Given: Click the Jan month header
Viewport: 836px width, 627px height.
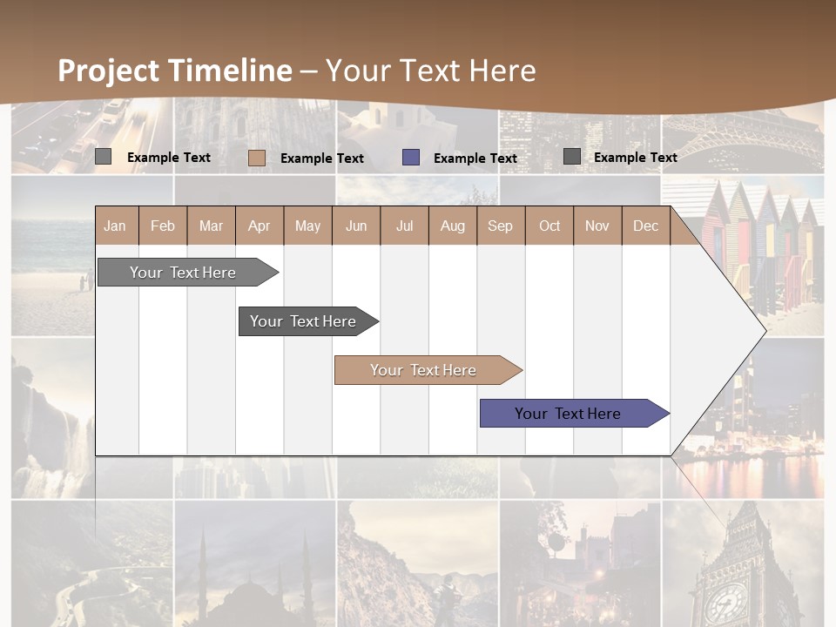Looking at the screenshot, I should [116, 226].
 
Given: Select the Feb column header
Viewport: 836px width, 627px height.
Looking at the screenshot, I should [163, 226].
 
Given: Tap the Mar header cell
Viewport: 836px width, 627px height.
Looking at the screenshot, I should [211, 226].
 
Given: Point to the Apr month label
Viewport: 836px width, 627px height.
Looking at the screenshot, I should [260, 226].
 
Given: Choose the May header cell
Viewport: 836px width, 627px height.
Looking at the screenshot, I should [307, 226].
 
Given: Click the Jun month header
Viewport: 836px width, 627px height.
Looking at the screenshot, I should [356, 226].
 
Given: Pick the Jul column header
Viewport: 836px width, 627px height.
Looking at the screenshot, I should [404, 226].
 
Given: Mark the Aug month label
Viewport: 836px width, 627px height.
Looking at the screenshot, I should [453, 226].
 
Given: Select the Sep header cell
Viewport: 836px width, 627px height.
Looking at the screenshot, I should [501, 226].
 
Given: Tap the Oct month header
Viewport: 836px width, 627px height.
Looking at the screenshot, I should [549, 226].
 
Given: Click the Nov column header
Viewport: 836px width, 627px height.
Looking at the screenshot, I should [597, 226].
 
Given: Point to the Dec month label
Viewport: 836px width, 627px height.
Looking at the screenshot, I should [646, 226].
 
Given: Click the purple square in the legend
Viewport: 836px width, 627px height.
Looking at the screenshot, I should [411, 158].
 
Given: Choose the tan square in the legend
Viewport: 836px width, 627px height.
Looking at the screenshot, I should [257, 158].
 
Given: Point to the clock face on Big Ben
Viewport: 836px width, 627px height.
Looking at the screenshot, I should [725, 602].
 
